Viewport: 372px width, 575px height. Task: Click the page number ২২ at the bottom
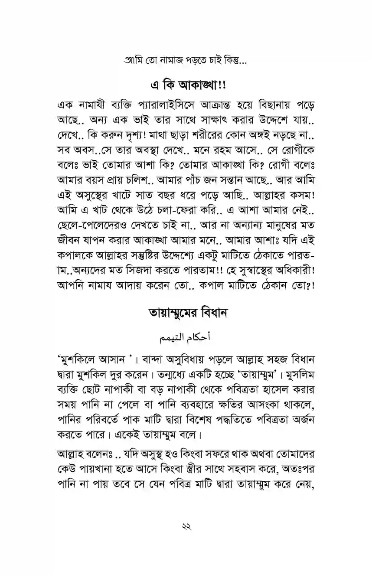(x=186, y=527)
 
